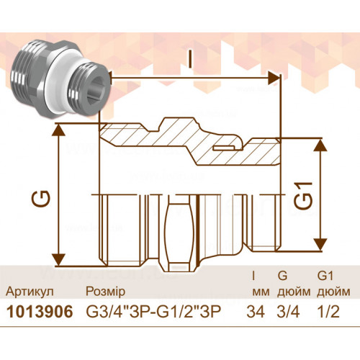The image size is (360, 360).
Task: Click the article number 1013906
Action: pyautogui.click(x=40, y=312)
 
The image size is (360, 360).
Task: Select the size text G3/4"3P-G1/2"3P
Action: pyautogui.click(x=153, y=312)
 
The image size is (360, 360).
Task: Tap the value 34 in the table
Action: pyautogui.click(x=256, y=312)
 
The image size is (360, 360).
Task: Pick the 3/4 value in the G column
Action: pyautogui.click(x=288, y=312)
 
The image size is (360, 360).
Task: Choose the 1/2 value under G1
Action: pyautogui.click(x=328, y=312)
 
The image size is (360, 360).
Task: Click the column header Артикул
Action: pyautogui.click(x=30, y=292)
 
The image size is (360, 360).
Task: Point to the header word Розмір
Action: pyautogui.click(x=106, y=292)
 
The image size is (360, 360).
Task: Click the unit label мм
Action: pyautogui.click(x=261, y=292)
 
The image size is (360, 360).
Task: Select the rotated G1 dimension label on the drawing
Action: pyautogui.click(x=303, y=195)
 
